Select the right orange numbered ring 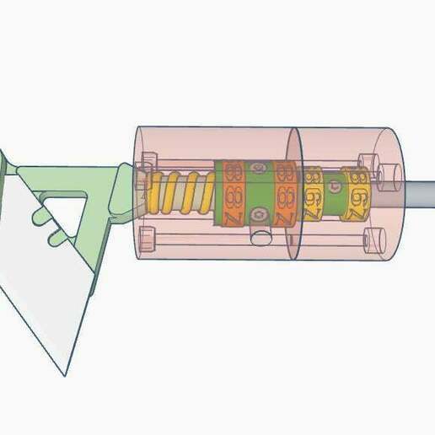click(283, 196)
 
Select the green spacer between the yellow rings click(334, 193)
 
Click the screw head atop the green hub click(258, 169)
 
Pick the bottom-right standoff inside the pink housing click(369, 239)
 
